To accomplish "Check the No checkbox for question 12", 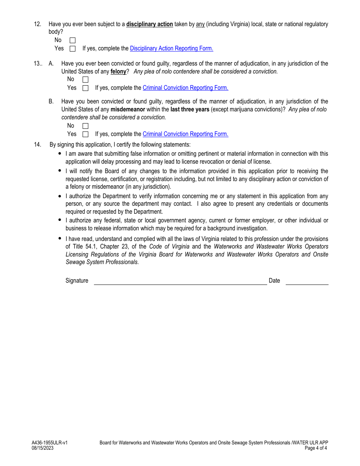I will pos(72,40).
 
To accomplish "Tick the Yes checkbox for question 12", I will pos(72,48).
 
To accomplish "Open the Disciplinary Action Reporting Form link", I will pos(171,48).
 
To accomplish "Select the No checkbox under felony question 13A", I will pos(85,80).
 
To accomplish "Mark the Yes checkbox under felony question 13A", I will pos(85,88).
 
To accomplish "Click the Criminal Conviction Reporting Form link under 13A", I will pos(185,88).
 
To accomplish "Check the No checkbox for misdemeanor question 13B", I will pos(85,126).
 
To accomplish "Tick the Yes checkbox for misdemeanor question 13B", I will pos(85,134).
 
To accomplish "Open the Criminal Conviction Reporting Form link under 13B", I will pos(185,134).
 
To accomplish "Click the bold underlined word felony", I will pos(118,72).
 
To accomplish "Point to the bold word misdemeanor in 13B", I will pos(128,109).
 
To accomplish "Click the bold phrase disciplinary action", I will pos(149,24).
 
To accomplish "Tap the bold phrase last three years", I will pos(189,109).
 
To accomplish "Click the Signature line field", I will pos(180,281).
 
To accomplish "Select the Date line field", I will pos(307,281).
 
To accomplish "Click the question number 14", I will pos(37,144).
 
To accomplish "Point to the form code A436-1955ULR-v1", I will pos(50,443).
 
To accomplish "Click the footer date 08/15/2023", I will pos(42,448).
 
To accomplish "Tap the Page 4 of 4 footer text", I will pos(316,448).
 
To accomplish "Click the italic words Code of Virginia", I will pos(169,247).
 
